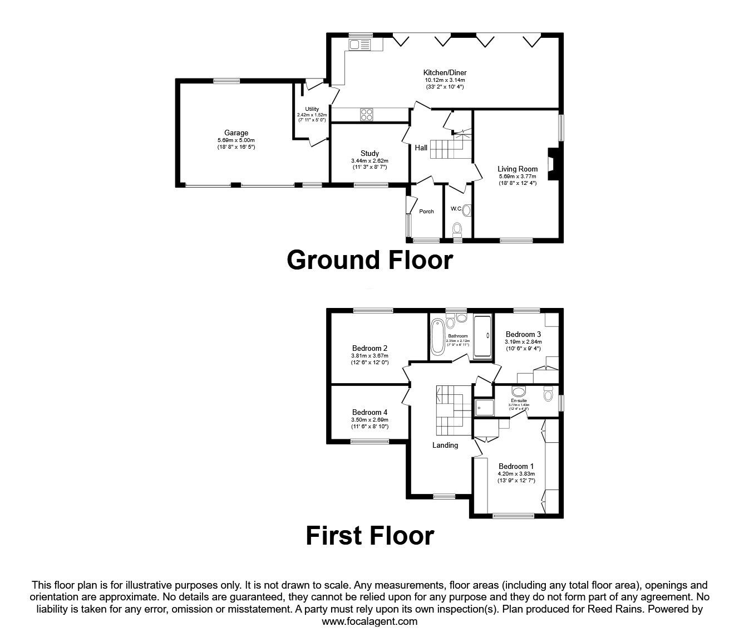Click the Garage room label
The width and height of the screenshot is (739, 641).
point(236,133)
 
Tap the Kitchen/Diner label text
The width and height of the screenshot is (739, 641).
point(445,72)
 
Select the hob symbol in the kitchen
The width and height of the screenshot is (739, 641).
point(366,114)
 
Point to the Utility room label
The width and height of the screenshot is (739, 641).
point(312,109)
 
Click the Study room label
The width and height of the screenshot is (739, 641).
point(369,153)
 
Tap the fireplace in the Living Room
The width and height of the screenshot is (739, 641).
point(553,164)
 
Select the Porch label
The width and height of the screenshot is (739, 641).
point(426,211)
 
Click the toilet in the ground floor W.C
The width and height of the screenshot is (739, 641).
point(457,228)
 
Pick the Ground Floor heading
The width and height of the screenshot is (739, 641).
point(369,260)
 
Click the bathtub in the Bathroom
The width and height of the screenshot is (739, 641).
point(438,336)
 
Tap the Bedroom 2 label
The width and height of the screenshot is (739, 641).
point(369,349)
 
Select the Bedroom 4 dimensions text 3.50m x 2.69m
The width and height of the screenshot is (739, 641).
point(369,420)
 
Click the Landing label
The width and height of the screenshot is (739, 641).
point(445,445)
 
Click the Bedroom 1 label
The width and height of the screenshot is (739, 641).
point(516,466)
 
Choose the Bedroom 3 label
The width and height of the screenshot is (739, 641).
point(523,335)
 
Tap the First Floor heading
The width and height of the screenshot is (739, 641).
point(369,536)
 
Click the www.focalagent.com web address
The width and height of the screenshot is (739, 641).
point(369,622)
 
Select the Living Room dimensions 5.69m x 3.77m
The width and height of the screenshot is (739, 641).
point(518,177)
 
